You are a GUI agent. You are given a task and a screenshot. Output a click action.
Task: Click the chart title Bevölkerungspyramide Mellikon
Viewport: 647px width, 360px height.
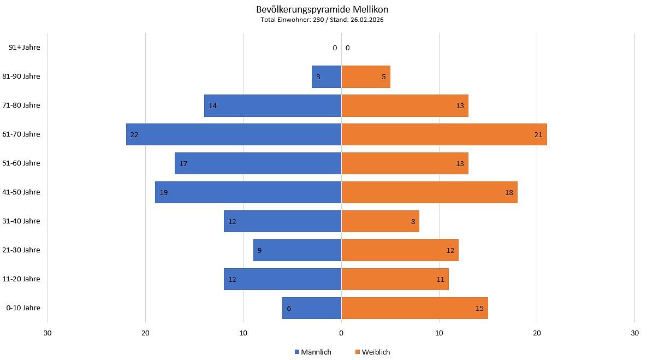pos(322,9)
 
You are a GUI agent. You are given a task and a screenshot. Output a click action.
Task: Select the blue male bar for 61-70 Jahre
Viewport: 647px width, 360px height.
pos(234,134)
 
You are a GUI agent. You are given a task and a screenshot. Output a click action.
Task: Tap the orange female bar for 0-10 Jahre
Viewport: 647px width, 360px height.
pos(414,308)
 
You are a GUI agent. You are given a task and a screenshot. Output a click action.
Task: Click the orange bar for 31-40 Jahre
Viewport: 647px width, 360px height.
pos(380,221)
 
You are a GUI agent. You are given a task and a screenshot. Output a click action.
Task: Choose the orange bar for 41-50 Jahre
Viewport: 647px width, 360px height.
pos(429,192)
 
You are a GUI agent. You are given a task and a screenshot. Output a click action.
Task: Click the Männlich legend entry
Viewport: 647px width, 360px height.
pos(313,352)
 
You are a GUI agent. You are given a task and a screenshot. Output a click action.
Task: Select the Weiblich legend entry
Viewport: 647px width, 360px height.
pos(373,352)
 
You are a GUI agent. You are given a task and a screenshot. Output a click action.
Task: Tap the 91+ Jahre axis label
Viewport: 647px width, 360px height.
pos(25,48)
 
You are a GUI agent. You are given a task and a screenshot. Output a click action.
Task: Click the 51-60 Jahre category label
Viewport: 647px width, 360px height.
pos(21,163)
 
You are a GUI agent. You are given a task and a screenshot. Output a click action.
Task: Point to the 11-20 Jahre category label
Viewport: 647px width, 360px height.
pos(21,279)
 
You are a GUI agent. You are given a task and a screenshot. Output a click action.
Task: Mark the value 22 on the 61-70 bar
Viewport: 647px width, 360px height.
pos(134,135)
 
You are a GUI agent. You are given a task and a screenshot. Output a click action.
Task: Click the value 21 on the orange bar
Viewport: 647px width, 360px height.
pos(538,135)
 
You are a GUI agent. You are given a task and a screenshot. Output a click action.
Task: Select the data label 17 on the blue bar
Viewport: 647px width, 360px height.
pos(183,164)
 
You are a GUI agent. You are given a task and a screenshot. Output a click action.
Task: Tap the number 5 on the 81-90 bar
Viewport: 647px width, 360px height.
pos(384,77)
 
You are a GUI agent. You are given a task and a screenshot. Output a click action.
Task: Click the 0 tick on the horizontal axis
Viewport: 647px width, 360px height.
pos(341,333)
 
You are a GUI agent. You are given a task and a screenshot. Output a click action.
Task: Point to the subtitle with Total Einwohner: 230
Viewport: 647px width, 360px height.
pos(322,20)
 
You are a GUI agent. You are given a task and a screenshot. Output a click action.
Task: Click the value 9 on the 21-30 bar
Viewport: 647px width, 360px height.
pos(259,251)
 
